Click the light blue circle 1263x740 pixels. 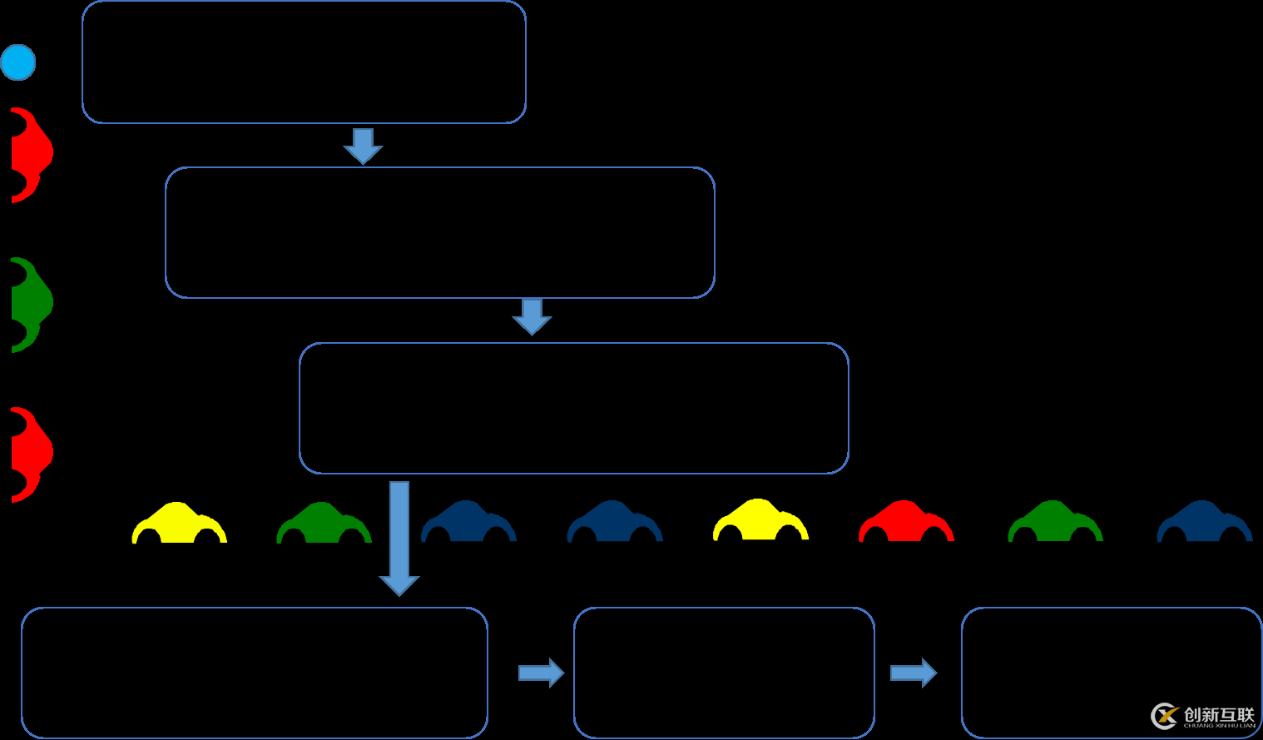18,62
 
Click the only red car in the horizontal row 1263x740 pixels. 906,523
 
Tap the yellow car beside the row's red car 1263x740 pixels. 760,522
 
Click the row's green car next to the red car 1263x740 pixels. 1055,523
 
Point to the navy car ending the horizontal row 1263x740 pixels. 1204,523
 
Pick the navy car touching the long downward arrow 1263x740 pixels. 468,523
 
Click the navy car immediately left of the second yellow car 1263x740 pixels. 614,523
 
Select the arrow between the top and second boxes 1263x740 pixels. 363,146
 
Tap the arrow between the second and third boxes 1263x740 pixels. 532,316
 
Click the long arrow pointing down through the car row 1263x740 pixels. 399,538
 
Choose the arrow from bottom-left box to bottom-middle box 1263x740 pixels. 541,673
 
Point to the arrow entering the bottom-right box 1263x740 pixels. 913,673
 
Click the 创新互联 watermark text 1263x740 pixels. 1219,715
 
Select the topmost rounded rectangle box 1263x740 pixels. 304,62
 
